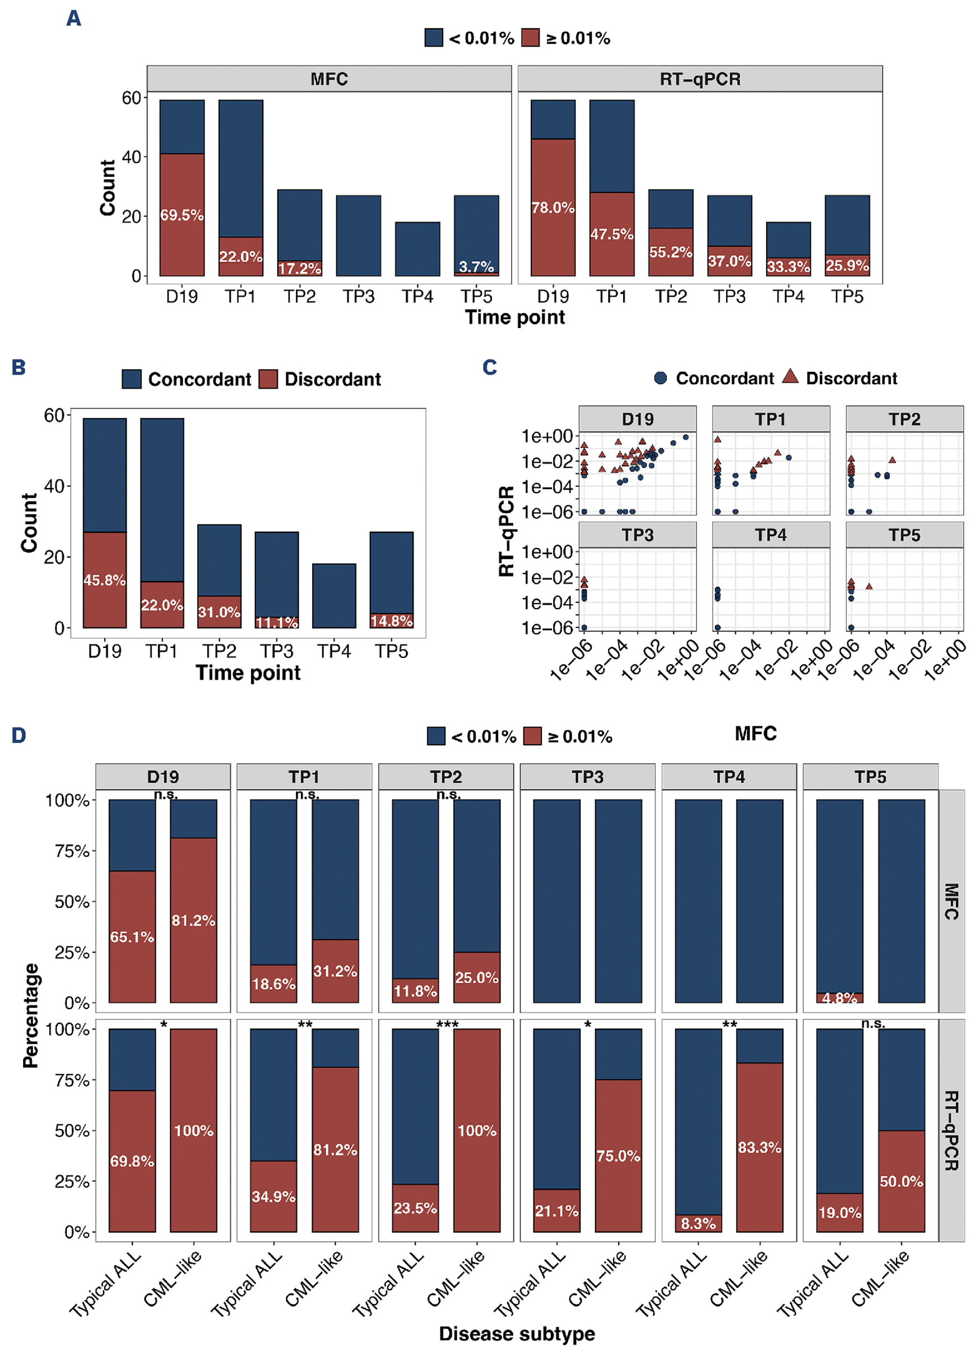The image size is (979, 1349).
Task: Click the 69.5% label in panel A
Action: (x=182, y=215)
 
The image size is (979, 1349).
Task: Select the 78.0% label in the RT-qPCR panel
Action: (x=553, y=208)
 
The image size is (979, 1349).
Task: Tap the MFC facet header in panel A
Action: (x=329, y=79)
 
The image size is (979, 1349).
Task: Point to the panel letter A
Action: (x=74, y=19)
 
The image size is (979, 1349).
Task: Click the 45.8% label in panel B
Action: (x=105, y=580)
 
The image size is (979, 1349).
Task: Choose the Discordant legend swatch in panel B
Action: (x=268, y=379)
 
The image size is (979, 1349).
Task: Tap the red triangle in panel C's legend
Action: (x=790, y=376)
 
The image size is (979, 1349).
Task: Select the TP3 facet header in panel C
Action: (x=637, y=535)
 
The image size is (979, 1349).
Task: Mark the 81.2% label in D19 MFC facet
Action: (x=193, y=920)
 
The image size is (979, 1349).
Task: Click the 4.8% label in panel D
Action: (x=839, y=998)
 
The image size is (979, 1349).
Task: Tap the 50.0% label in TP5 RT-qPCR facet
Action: (x=901, y=1181)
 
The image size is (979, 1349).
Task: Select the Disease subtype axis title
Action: (x=517, y=1333)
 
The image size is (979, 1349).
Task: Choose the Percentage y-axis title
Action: (x=31, y=1015)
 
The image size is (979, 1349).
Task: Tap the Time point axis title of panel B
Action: (x=248, y=673)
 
